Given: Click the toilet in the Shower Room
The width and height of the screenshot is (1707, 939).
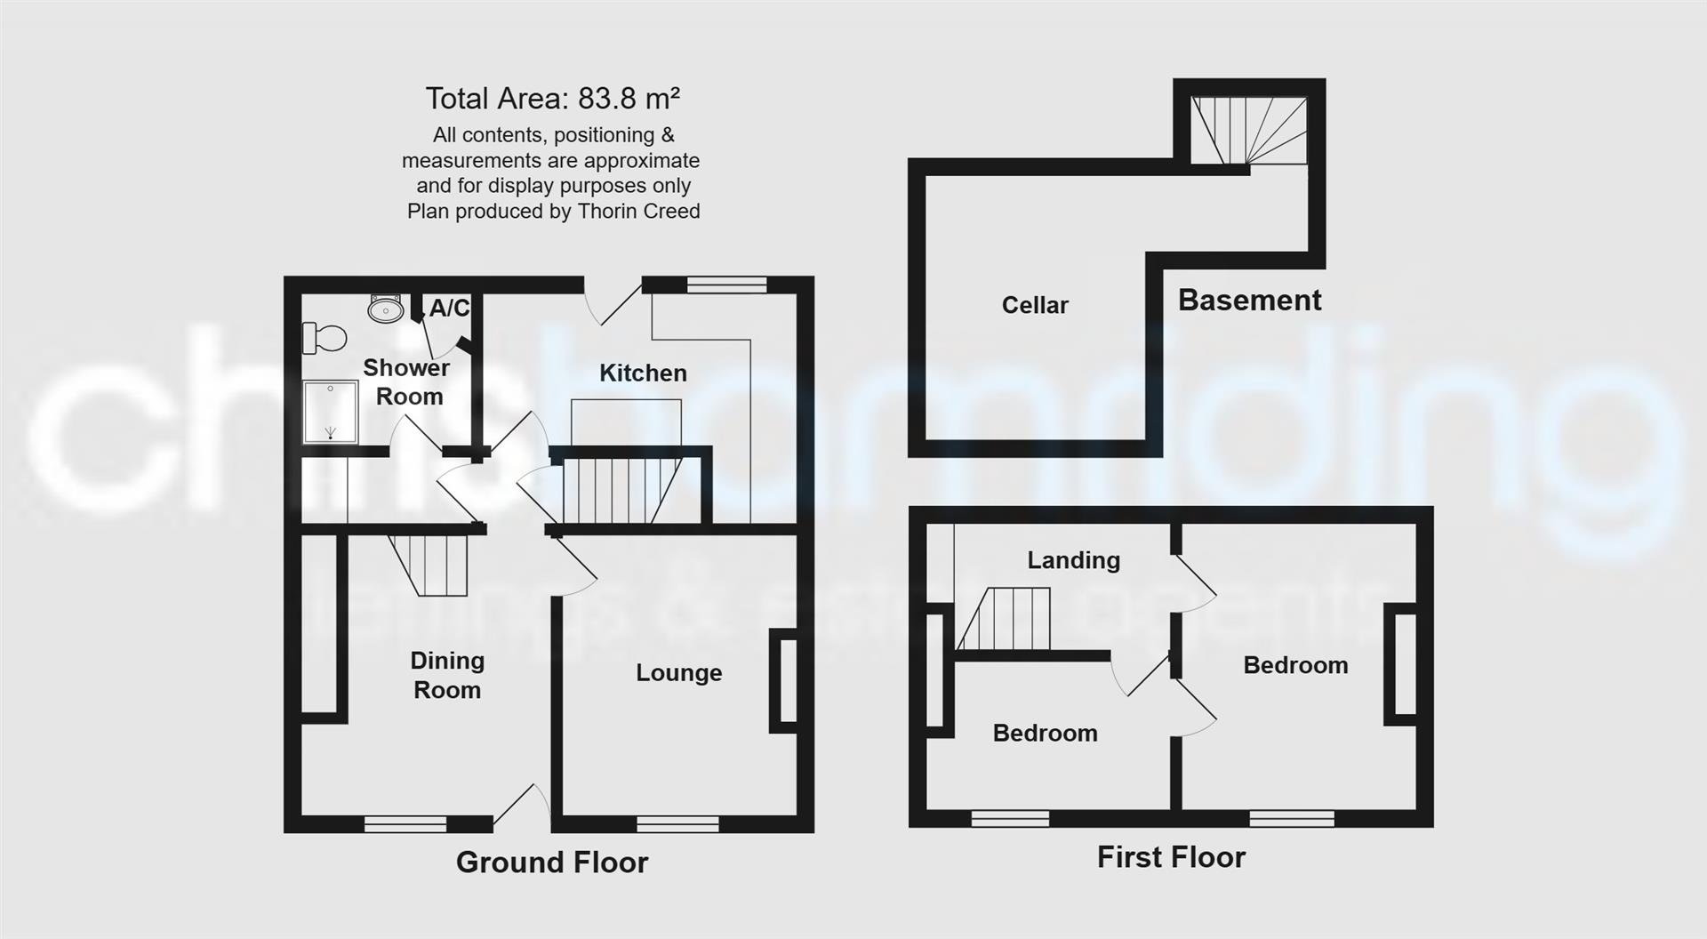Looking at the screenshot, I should click(x=325, y=338).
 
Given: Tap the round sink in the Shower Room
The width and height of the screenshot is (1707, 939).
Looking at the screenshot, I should click(x=385, y=309).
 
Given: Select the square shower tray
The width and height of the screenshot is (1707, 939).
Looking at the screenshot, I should click(x=330, y=412).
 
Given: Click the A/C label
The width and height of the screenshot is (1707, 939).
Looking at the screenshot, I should click(x=449, y=309).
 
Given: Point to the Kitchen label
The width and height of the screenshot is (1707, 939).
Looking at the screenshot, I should click(x=643, y=373).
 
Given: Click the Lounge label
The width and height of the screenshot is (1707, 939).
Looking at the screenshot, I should click(x=678, y=673).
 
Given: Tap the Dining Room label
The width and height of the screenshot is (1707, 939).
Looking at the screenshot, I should click(x=447, y=675).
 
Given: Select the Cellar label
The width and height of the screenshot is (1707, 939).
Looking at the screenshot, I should click(x=1035, y=305).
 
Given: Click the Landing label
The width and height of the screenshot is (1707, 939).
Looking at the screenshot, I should click(x=1073, y=560).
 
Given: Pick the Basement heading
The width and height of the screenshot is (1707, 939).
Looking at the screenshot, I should click(x=1249, y=301).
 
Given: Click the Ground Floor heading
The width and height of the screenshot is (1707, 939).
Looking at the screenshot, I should click(x=552, y=862).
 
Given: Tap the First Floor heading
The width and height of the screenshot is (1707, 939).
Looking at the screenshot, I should click(x=1171, y=857).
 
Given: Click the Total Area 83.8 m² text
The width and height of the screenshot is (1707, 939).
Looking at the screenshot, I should click(x=552, y=98).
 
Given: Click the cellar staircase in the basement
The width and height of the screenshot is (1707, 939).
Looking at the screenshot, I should click(x=1249, y=131).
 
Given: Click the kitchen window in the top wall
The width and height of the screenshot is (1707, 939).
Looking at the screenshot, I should click(x=726, y=285).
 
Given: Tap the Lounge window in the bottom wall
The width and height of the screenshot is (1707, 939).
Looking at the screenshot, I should click(x=677, y=823).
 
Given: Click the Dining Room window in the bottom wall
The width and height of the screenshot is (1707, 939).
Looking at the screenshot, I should click(x=405, y=823).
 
